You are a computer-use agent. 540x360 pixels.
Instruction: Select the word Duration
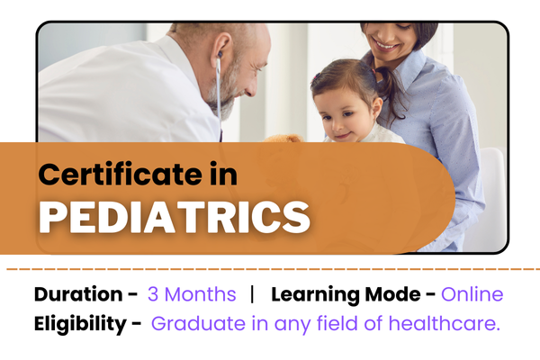point(77,294)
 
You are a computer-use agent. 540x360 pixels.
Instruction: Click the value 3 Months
point(192,294)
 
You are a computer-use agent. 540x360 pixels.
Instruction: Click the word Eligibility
point(78,323)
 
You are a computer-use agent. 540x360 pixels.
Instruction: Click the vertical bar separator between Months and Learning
point(254,294)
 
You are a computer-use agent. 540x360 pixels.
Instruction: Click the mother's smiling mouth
point(385,42)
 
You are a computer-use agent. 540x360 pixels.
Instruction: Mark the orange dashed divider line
point(270,268)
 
